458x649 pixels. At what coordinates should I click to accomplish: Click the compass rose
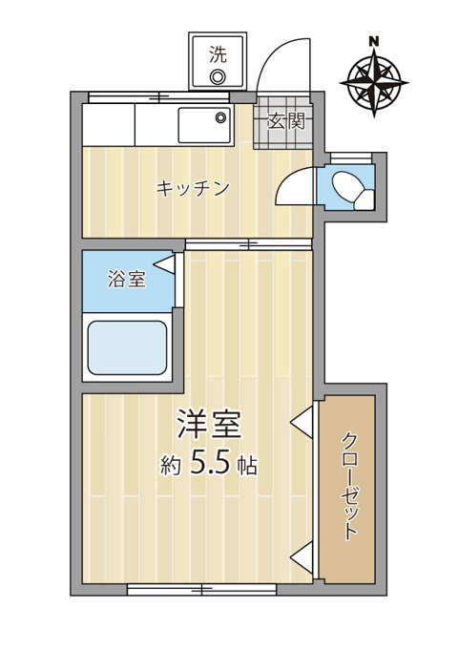374,83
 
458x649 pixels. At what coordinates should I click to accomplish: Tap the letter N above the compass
374,41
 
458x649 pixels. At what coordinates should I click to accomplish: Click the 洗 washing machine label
218,54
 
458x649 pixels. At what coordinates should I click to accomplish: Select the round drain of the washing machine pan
218,77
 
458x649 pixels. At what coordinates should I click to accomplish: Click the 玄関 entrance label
286,121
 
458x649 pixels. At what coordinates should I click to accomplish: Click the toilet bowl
352,188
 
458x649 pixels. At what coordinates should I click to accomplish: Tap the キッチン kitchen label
193,189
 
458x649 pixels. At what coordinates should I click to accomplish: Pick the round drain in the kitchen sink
221,116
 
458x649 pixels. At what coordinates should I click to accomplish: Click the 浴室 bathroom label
127,279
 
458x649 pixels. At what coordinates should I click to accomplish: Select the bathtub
128,347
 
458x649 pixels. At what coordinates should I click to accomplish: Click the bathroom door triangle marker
165,264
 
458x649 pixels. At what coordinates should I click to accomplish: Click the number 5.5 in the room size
209,465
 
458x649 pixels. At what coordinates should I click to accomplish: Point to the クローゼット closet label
350,486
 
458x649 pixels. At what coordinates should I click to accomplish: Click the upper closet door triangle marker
303,422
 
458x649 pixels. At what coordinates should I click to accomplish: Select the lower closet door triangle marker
303,558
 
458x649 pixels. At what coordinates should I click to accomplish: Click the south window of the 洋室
201,590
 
